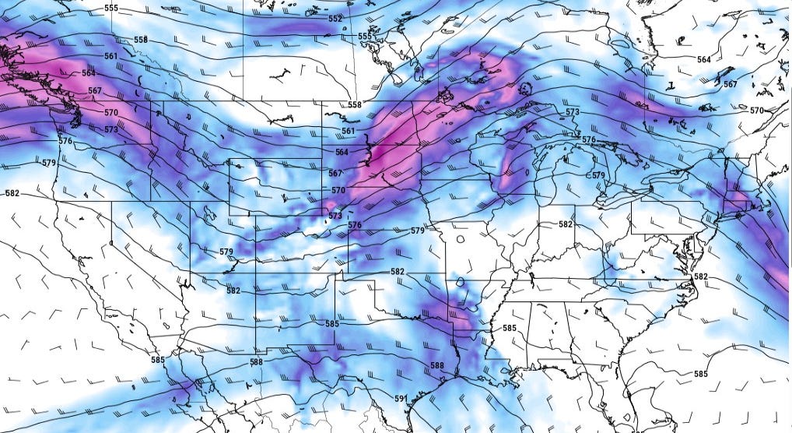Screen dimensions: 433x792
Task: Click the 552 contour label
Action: (x=335, y=19)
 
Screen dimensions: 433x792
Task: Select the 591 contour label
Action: (x=401, y=399)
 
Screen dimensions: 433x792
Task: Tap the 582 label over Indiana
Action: (x=566, y=224)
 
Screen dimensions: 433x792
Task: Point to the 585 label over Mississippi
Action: (x=509, y=328)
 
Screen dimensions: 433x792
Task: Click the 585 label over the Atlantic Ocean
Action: (x=700, y=374)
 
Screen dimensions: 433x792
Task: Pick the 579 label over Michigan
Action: (x=598, y=176)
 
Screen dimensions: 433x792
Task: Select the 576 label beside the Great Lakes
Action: (x=588, y=139)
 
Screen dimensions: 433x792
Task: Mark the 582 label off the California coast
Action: (x=12, y=193)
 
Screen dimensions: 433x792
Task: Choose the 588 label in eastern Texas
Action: (x=436, y=365)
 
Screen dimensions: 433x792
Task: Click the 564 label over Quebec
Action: (x=703, y=60)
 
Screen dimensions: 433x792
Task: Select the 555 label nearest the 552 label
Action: (x=364, y=37)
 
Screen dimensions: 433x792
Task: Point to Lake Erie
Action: (x=622, y=195)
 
